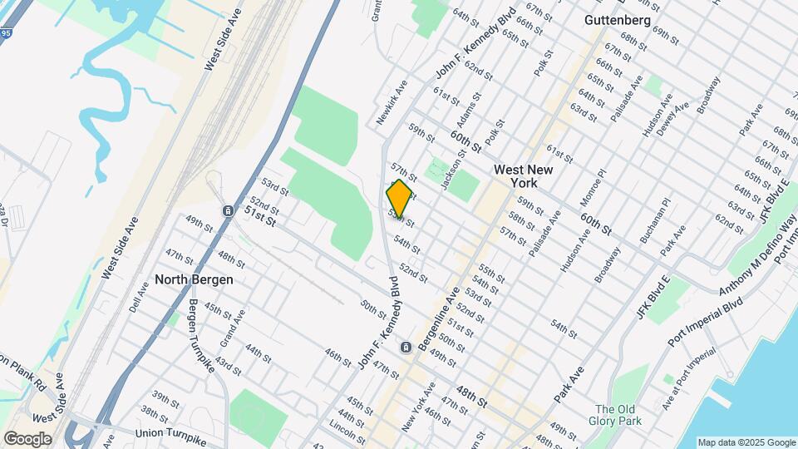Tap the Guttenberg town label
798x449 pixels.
[x=618, y=19]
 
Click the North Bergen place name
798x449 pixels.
[x=194, y=279]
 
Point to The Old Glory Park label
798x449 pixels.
[x=614, y=415]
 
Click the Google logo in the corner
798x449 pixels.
[x=27, y=438]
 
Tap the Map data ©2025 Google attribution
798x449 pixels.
[x=746, y=442]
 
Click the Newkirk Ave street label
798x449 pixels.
[x=392, y=102]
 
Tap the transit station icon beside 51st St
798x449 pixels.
[x=227, y=211]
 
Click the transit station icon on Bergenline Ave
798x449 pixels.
[x=405, y=347]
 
